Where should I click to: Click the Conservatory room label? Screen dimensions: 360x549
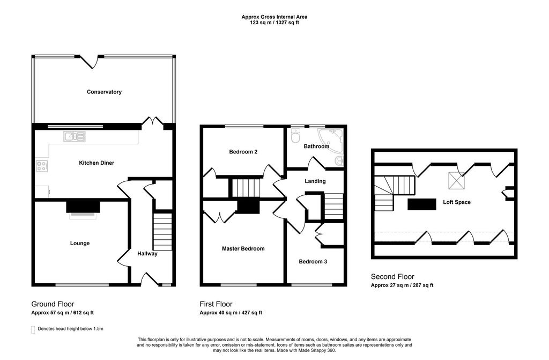pyautogui.click(x=104, y=92)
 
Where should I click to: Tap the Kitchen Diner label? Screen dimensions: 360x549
pyautogui.click(x=97, y=163)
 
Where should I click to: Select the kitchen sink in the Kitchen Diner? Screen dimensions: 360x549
pyautogui.click(x=75, y=137)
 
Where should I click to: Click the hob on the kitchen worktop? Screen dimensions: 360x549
pyautogui.click(x=42, y=166)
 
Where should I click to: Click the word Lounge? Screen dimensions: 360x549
pyautogui.click(x=79, y=243)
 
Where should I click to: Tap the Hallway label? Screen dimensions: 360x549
pyautogui.click(x=147, y=254)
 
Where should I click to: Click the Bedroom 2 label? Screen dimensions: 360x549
pyautogui.click(x=243, y=152)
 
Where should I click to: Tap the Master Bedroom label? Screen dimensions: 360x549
pyautogui.click(x=243, y=248)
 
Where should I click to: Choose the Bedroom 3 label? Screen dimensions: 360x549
pyautogui.click(x=313, y=261)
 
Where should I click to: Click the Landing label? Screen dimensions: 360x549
pyautogui.click(x=315, y=181)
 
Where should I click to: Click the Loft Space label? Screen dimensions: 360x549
pyautogui.click(x=456, y=202)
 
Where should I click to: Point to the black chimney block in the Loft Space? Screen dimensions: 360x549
pyautogui.click(x=421, y=204)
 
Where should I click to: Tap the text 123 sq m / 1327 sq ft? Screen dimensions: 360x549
pyautogui.click(x=274, y=23)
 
